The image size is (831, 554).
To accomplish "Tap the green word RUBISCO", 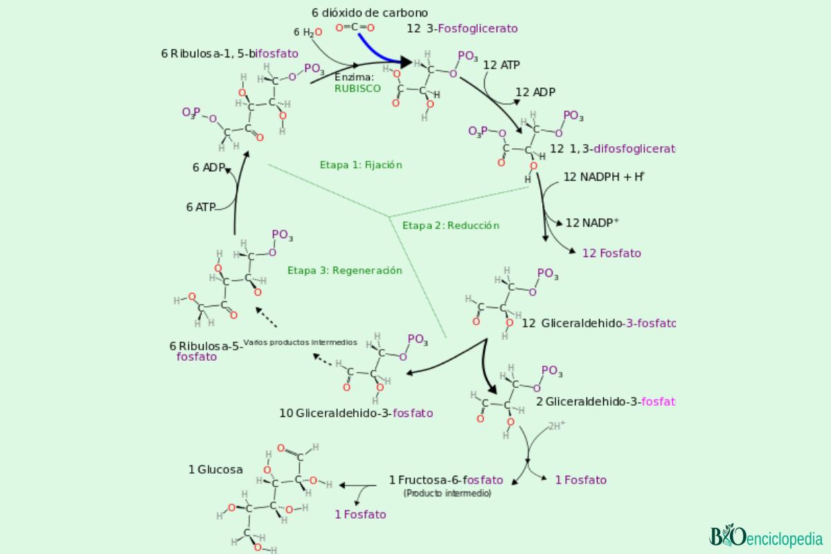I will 357,89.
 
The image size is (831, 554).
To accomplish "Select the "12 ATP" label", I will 502,65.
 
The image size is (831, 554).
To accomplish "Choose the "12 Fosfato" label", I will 611,253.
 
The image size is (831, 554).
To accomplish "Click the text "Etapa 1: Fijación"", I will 361,165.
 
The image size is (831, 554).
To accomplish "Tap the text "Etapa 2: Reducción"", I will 451,225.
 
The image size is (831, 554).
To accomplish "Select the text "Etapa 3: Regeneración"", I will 345,270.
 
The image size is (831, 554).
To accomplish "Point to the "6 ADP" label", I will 209,167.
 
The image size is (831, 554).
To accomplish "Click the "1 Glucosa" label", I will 215,470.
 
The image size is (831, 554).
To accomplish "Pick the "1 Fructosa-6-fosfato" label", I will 446,480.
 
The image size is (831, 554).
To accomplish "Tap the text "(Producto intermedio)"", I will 447,493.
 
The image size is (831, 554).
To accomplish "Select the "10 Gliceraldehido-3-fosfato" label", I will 356,413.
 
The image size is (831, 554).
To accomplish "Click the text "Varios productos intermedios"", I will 301,342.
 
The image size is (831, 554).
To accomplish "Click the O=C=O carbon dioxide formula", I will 355,28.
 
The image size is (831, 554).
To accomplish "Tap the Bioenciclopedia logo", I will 765,537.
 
